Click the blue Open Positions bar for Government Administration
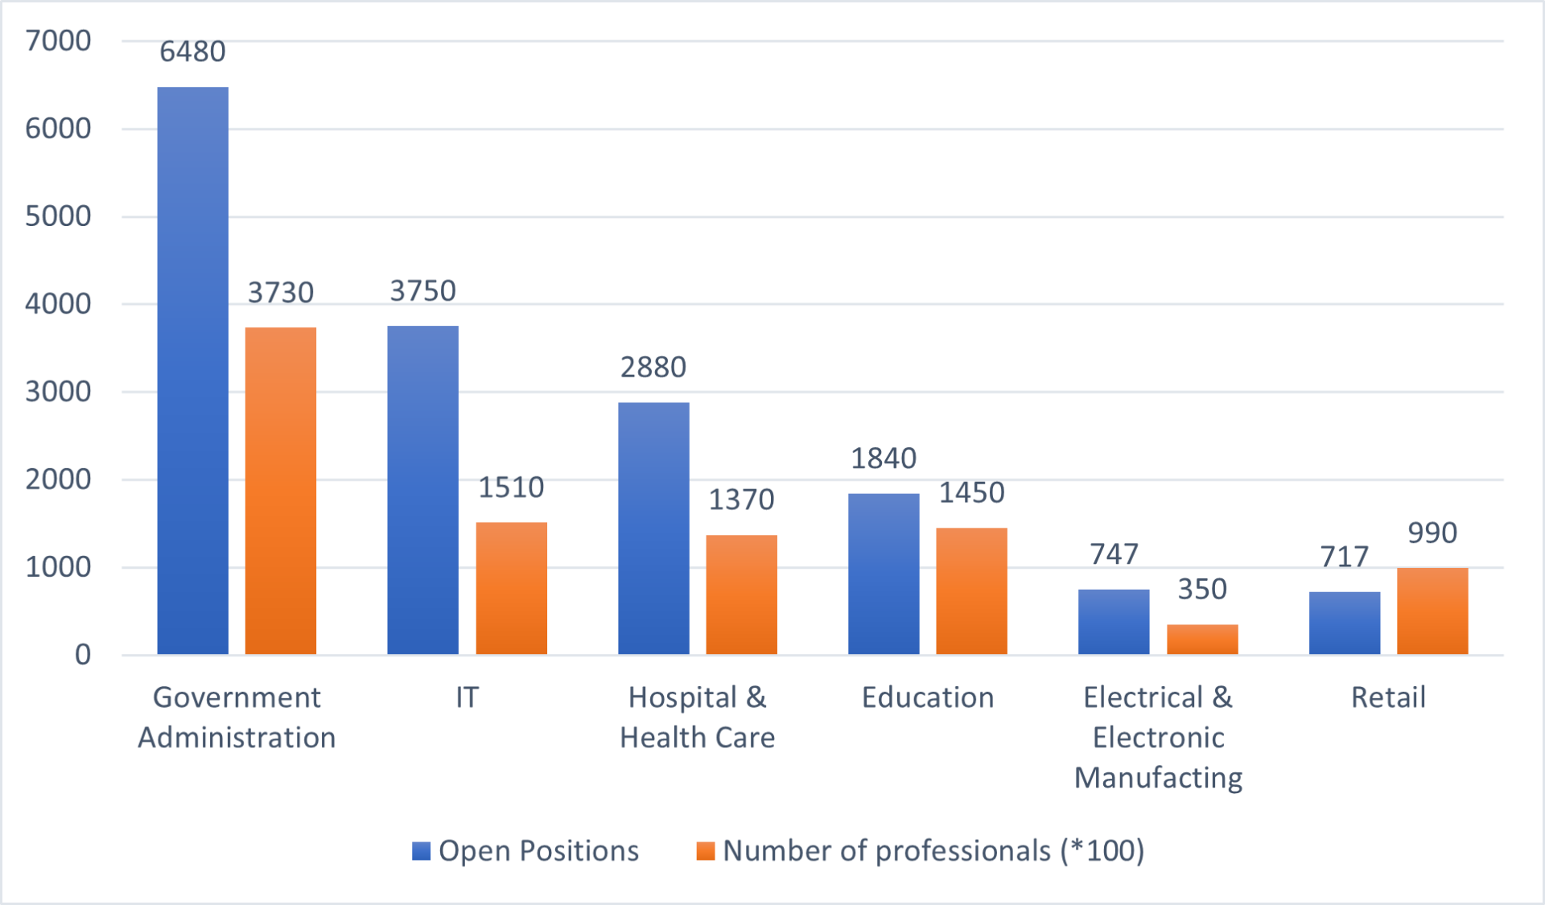(192, 370)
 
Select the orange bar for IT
(511, 588)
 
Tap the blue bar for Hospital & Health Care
(653, 528)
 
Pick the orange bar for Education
(971, 590)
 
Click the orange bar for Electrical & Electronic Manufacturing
(1202, 639)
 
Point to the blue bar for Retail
(1344, 623)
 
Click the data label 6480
(192, 51)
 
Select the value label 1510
(511, 487)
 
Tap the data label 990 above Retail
(1432, 533)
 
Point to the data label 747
(1114, 554)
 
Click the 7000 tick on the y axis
(58, 40)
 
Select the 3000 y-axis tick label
(58, 392)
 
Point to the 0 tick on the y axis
(82, 655)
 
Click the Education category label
(928, 697)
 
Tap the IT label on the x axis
(467, 697)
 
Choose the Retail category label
(1388, 697)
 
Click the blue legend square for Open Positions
(421, 851)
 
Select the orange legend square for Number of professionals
(706, 851)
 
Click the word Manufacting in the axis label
(1158, 778)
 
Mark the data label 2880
(653, 368)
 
